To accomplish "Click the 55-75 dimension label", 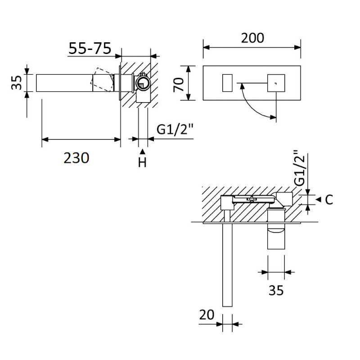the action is tap(90, 48).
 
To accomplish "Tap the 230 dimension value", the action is tap(76, 158).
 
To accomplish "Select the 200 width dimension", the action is tap(252, 38).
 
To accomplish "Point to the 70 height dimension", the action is tap(179, 84).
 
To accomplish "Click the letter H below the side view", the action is tap(142, 162).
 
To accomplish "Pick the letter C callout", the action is tap(329, 200).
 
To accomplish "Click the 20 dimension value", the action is tap(207, 315).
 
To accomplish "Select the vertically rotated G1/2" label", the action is tap(300, 168).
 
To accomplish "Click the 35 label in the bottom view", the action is tap(276, 290).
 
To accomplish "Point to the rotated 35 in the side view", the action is tap(17, 83).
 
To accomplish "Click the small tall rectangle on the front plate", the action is tap(227, 83).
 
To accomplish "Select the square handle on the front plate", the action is tap(276, 83).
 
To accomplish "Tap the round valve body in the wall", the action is tap(143, 83).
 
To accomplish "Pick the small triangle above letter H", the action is tap(143, 151).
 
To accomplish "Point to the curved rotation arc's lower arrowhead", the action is tap(273, 117).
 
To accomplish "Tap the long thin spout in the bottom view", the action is tap(227, 265).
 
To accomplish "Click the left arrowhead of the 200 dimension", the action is tap(207, 48).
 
